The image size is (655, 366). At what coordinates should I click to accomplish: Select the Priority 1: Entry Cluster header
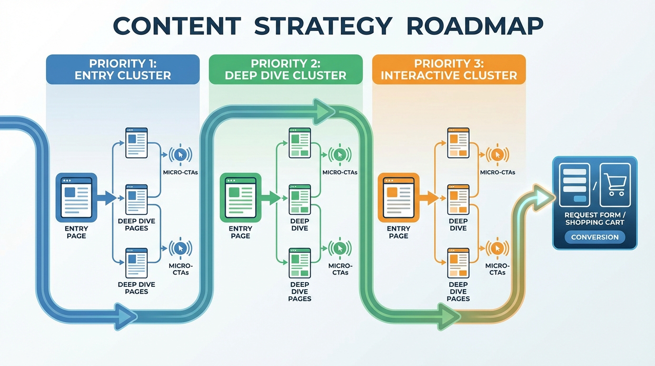pyautogui.click(x=123, y=70)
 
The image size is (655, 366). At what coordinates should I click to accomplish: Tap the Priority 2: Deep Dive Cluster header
pyautogui.click(x=286, y=70)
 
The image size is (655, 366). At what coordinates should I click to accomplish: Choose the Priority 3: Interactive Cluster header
pyautogui.click(x=449, y=70)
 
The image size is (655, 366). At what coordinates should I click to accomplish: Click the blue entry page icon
pyautogui.click(x=76, y=198)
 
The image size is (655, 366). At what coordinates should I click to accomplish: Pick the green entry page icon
pyautogui.click(x=240, y=198)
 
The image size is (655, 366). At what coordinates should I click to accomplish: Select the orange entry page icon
pyautogui.click(x=398, y=198)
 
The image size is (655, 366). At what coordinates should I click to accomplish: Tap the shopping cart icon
pyautogui.click(x=615, y=185)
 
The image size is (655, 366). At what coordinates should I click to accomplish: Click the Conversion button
pyautogui.click(x=595, y=237)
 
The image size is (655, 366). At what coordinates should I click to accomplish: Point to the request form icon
pyautogui.click(x=574, y=185)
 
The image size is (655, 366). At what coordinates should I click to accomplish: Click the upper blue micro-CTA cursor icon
pyautogui.click(x=180, y=154)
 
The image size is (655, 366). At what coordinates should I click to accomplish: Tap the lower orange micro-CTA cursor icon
pyautogui.click(x=497, y=248)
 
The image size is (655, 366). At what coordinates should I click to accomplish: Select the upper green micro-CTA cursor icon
pyautogui.click(x=340, y=154)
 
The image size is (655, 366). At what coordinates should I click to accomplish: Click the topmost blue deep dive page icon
pyautogui.click(x=137, y=143)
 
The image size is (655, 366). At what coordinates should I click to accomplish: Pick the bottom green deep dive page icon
pyautogui.click(x=300, y=263)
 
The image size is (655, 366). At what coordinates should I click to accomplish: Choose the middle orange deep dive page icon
pyautogui.click(x=458, y=199)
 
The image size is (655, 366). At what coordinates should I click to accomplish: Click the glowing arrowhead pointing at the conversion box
pyautogui.click(x=543, y=198)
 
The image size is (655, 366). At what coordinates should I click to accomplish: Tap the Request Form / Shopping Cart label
pyautogui.click(x=595, y=219)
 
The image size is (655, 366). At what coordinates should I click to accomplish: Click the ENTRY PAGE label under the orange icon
pyautogui.click(x=398, y=232)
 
